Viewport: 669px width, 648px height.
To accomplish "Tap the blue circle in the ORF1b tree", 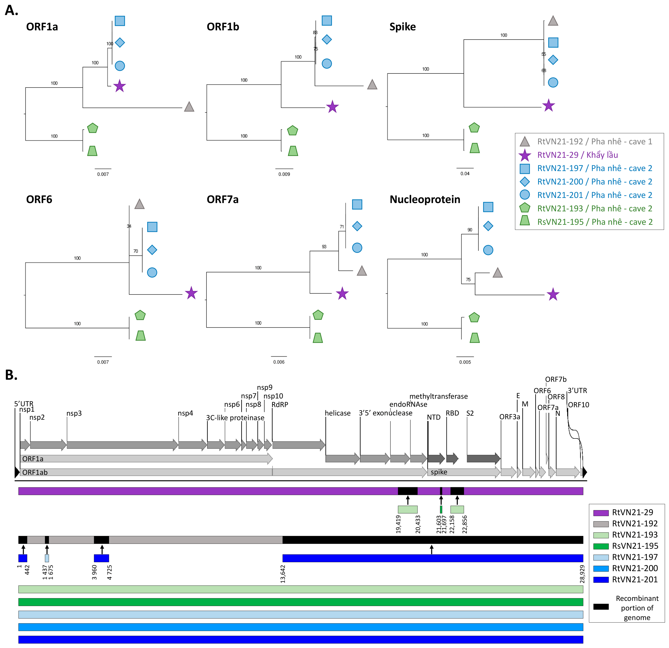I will pyautogui.click(x=327, y=63).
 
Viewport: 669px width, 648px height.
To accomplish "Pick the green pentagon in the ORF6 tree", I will pyautogui.click(x=140, y=315).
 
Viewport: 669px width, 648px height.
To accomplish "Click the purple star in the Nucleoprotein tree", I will pyautogui.click(x=553, y=294).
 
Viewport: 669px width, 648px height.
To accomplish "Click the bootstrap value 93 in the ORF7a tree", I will pyautogui.click(x=324, y=247).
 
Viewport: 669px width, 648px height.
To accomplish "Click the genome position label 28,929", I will pyautogui.click(x=582, y=574).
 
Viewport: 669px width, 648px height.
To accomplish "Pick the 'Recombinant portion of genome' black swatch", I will pyautogui.click(x=601, y=607).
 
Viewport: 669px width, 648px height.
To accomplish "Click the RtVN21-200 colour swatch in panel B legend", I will pyautogui.click(x=601, y=568).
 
